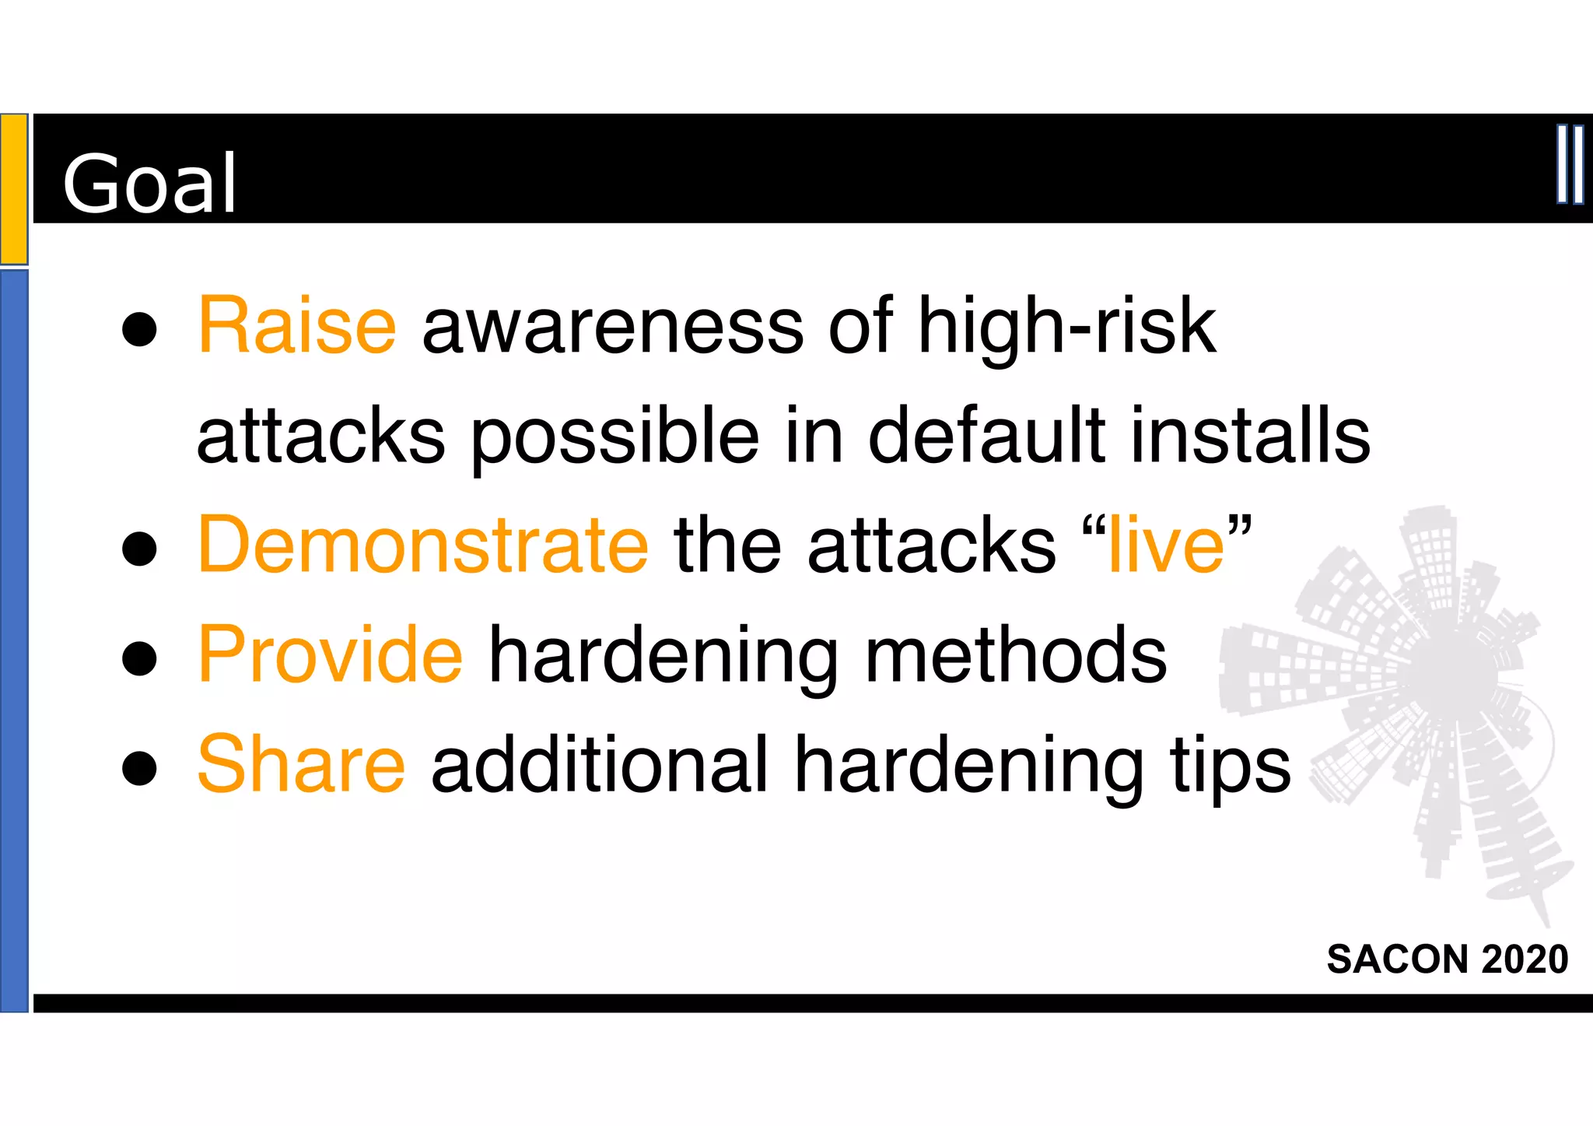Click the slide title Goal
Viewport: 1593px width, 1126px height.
point(149,183)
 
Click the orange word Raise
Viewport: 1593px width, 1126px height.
point(297,326)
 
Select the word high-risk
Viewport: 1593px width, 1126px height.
point(1066,326)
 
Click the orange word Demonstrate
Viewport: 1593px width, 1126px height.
point(423,545)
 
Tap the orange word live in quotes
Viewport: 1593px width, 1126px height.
point(1166,545)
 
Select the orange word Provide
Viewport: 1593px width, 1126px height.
point(331,655)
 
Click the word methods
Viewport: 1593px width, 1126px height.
point(1016,655)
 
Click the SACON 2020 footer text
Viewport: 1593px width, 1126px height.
point(1447,959)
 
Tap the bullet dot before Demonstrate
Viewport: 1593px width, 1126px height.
point(140,549)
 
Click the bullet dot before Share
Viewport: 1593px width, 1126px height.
point(140,768)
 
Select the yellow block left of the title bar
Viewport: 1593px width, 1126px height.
point(14,189)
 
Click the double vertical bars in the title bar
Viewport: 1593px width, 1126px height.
point(1570,164)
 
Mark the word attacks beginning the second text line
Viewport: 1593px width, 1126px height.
point(321,437)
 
